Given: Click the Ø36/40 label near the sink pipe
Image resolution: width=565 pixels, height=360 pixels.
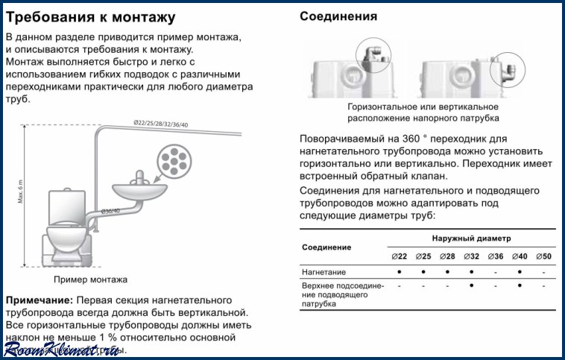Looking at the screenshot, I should point(110,211).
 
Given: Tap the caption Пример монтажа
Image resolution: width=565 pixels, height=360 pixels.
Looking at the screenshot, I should point(90,280).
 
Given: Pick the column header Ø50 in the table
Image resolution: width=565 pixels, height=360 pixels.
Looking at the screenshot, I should point(544,256).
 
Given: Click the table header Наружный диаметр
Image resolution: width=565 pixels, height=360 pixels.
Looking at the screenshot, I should point(472,238).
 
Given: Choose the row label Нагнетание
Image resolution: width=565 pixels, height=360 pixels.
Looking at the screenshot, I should point(323,272).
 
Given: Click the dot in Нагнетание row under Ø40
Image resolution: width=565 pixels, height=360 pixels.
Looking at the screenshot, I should point(520,272).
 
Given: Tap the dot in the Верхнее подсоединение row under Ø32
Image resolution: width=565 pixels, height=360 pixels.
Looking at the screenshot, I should point(471,285).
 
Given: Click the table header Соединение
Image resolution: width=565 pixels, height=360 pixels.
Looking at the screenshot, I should point(326,247).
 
